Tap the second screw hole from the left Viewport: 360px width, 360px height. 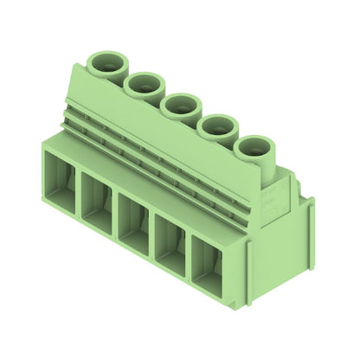pyautogui.click(x=144, y=83)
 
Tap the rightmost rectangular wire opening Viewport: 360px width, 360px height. pyautogui.click(x=208, y=268)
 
